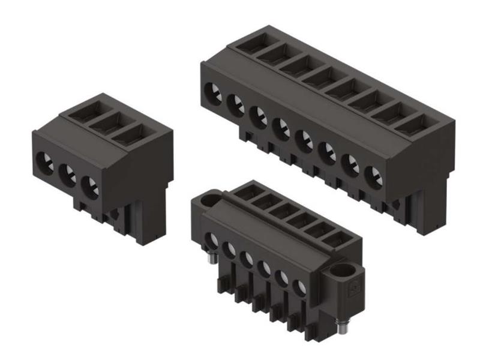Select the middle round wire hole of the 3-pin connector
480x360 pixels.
pos(68,173)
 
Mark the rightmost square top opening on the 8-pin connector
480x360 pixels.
pos(415,126)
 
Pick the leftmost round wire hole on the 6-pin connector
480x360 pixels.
pos(212,239)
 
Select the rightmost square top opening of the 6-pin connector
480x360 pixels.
pos(330,238)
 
